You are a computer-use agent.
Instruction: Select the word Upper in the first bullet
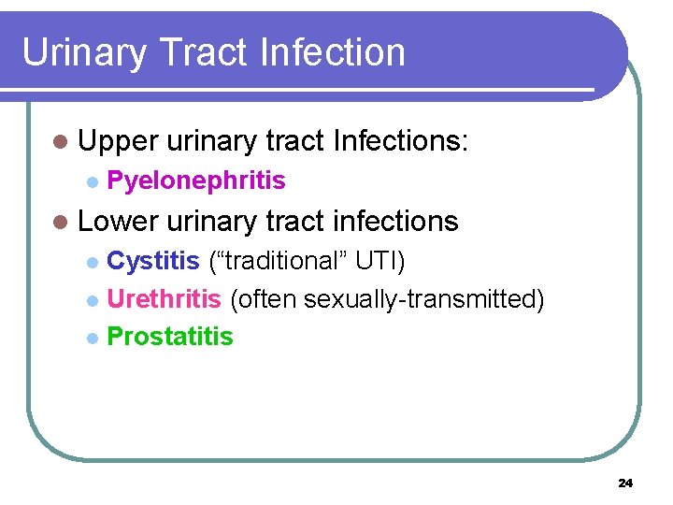(119, 142)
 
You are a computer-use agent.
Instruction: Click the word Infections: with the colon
(400, 141)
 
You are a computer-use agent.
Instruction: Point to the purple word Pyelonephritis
(196, 180)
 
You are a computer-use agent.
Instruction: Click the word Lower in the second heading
(120, 221)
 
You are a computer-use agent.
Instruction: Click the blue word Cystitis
(153, 261)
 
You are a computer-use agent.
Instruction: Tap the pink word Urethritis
(164, 299)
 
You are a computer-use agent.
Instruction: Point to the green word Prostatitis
(170, 337)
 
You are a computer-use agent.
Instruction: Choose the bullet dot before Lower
(61, 223)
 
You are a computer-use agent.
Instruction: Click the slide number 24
(625, 483)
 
